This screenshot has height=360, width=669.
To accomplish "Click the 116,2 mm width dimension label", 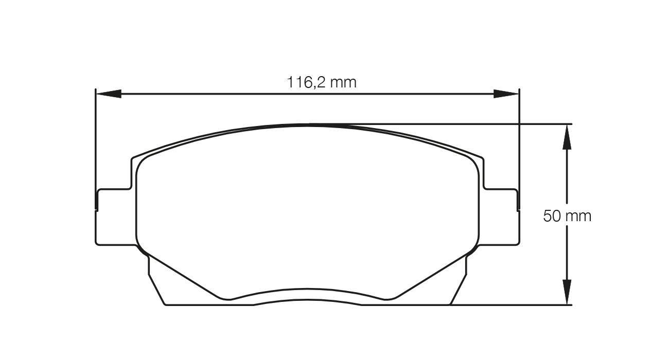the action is click(x=321, y=82).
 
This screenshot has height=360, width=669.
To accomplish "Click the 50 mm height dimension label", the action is click(x=567, y=216).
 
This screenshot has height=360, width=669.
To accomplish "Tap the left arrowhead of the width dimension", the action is click(x=109, y=94).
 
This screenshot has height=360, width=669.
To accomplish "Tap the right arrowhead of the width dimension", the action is click(x=506, y=94).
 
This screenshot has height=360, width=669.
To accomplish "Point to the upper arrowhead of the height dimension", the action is click(x=567, y=137).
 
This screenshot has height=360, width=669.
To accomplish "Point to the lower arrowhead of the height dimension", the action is click(x=567, y=292).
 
